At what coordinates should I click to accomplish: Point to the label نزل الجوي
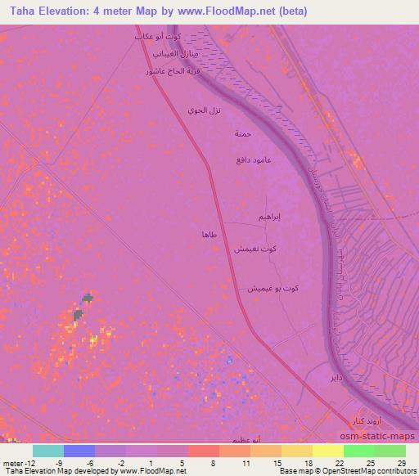coord(204,110)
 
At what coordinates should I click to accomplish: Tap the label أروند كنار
coord(344,420)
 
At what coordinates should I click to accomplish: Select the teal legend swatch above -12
coord(48,451)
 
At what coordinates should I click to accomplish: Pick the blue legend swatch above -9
coord(79,451)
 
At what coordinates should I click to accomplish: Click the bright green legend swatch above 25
coord(358,451)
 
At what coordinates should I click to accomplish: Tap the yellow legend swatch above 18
coord(296,451)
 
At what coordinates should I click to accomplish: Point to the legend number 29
coord(402,464)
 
